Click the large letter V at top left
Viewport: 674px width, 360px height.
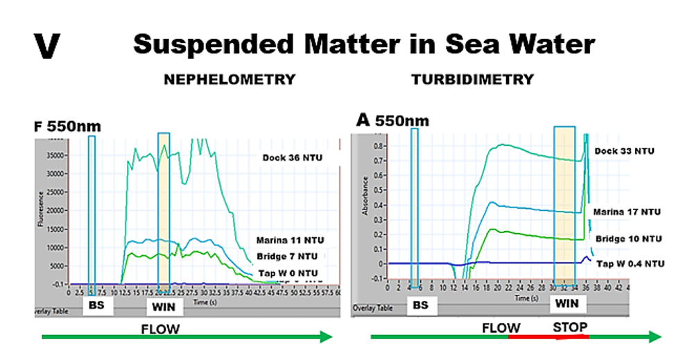coord(46,46)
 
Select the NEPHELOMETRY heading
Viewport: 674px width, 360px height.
coord(229,80)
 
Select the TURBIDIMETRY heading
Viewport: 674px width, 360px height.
coord(473,80)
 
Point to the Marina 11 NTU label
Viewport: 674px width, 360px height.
coord(290,241)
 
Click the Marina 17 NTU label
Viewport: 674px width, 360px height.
coord(627,212)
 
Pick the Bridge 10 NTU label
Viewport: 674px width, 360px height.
coord(628,239)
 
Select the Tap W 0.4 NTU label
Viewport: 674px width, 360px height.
coord(629,264)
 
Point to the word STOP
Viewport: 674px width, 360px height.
coord(570,327)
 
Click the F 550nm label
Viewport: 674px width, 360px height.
coord(67,126)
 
